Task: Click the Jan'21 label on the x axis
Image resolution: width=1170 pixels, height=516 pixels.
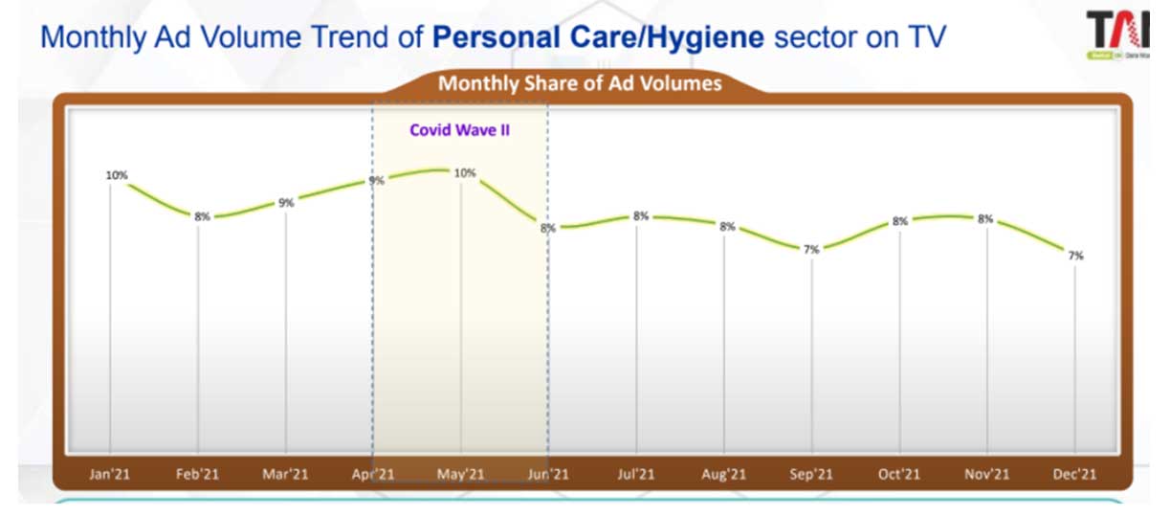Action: (110, 474)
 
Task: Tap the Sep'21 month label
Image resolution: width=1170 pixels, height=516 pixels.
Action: (811, 474)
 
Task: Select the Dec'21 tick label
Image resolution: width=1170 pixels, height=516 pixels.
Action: (1075, 474)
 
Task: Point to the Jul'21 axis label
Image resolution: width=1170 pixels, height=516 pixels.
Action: (636, 474)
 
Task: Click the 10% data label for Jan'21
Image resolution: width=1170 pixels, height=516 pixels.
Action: (117, 175)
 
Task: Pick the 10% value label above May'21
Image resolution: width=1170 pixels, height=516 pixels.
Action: (465, 173)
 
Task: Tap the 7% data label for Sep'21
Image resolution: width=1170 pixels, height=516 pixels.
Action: (811, 250)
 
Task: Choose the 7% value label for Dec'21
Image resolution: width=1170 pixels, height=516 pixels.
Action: (1075, 256)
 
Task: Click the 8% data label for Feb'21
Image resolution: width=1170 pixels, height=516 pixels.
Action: (202, 216)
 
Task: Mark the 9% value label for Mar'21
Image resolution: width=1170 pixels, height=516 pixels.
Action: (286, 203)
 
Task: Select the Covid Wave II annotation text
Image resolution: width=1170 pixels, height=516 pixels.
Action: (459, 130)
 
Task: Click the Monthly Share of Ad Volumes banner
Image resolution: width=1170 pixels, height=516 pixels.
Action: (580, 83)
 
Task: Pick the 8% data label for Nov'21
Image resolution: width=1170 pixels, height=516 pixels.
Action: (986, 219)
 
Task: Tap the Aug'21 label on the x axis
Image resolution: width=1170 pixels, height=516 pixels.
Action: (724, 474)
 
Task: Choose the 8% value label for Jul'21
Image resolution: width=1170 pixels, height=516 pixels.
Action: (640, 216)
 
